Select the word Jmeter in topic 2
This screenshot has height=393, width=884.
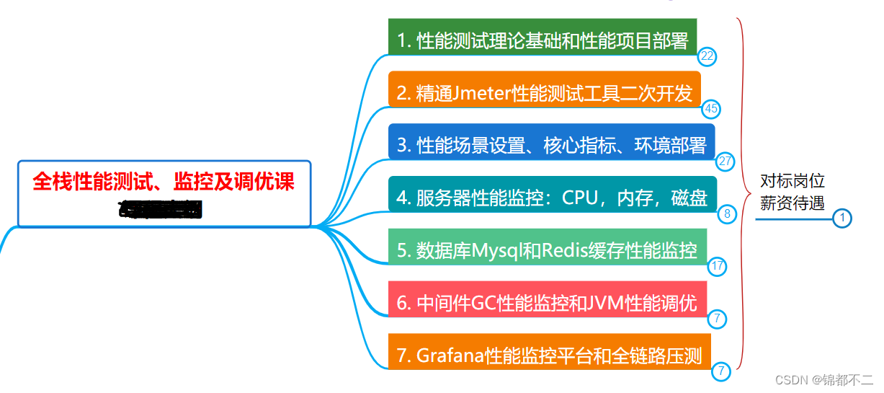483,93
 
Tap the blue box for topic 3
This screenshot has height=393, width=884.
551,145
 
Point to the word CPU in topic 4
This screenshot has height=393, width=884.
580,198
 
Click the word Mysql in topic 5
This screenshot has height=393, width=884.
497,250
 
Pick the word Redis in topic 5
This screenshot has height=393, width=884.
566,250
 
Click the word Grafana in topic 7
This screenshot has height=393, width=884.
450,356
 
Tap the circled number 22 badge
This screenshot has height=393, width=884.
707,56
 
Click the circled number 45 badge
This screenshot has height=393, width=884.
711,109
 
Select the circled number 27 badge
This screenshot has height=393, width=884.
725,162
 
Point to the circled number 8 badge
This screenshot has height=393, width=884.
727,213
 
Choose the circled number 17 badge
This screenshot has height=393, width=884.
717,266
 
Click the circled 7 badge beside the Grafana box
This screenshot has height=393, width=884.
721,371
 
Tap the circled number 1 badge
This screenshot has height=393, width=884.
841,218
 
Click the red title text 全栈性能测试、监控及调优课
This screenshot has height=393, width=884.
164,181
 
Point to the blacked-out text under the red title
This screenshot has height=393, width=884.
161,209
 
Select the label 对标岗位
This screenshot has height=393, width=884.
793,181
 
